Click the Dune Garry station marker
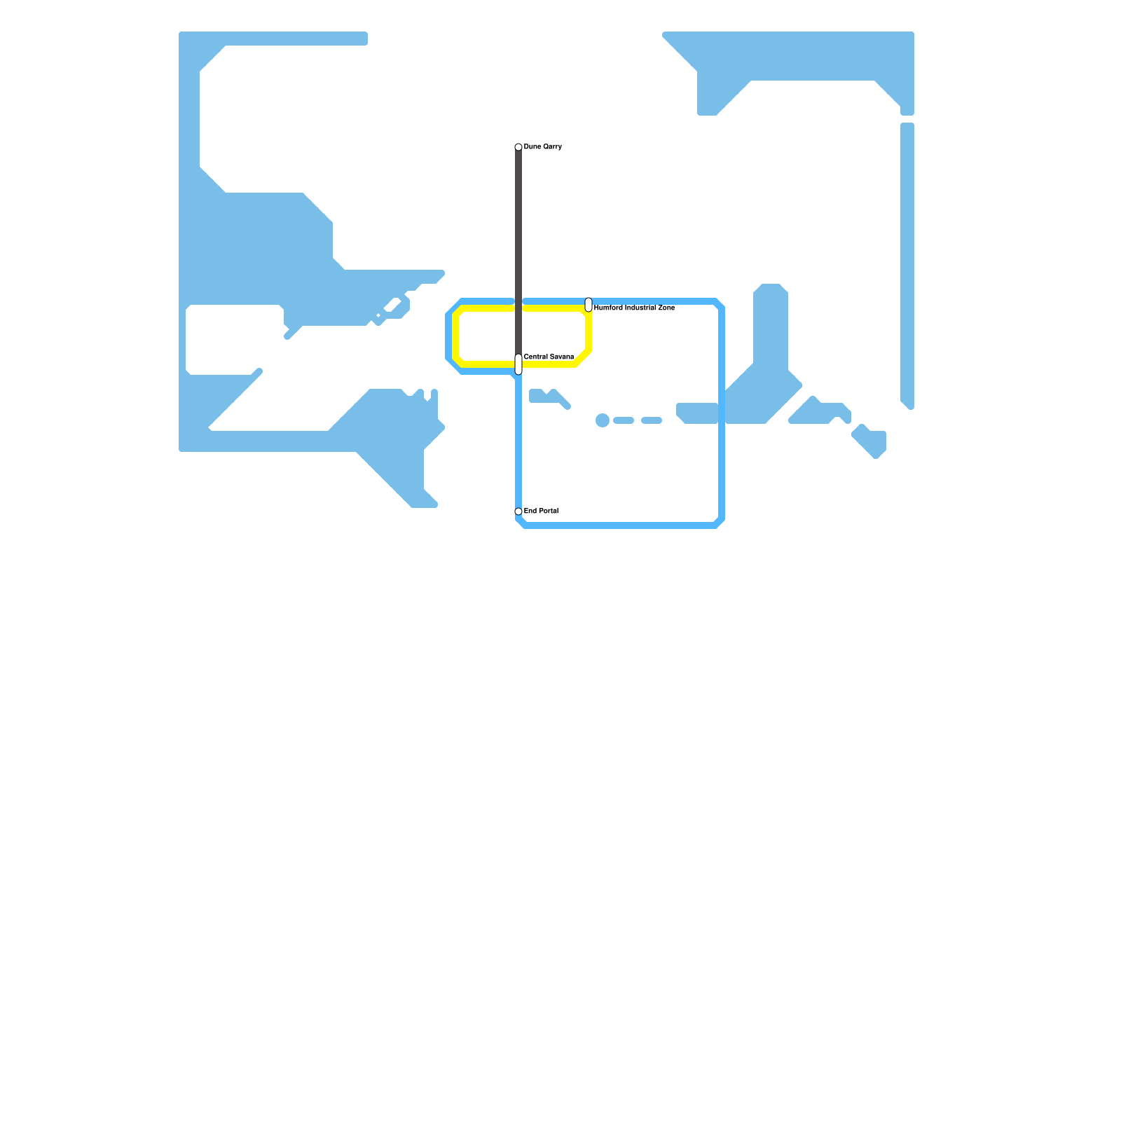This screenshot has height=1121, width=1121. coord(518,147)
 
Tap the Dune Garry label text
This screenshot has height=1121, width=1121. coord(542,147)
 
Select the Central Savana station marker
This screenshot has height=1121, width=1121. coord(518,364)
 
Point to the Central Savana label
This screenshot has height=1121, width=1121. coord(549,357)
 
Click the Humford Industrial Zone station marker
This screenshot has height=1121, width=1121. coord(589,305)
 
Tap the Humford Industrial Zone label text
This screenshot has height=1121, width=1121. coord(634,308)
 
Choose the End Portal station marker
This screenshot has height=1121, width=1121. coord(518,511)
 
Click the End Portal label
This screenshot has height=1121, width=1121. coord(541,511)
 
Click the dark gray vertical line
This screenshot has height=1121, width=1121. coord(518,245)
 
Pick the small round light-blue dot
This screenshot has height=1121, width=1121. coord(603,420)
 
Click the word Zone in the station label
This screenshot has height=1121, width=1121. coord(666,308)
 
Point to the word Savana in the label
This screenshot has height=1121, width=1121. coord(562,357)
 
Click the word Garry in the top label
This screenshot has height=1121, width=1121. coord(552,147)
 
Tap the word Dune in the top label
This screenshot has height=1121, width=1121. coord(532,147)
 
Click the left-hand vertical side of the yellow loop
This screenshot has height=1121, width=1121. coord(456,336)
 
